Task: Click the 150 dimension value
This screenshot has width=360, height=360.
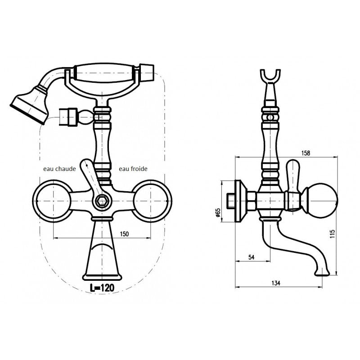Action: [124, 234]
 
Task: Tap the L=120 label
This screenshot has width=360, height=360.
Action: [102, 288]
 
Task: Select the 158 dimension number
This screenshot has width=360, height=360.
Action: [306, 153]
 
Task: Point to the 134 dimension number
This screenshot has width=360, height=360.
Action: [276, 283]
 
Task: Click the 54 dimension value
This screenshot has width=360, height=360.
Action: [252, 257]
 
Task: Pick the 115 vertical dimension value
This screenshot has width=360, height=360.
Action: [333, 234]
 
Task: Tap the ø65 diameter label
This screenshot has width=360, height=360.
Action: [218, 212]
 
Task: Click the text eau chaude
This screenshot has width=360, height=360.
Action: [59, 169]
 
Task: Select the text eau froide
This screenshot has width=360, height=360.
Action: [133, 169]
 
